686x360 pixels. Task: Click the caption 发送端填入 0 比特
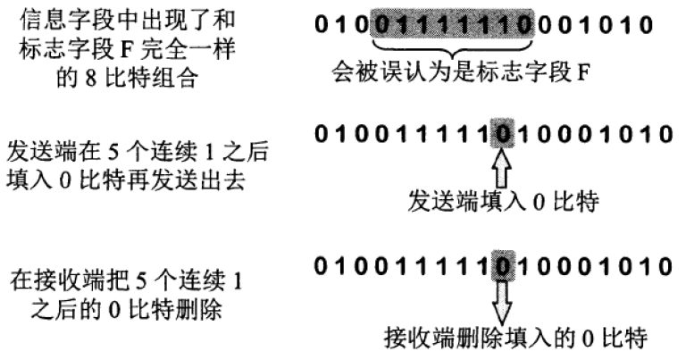pos(502,202)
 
